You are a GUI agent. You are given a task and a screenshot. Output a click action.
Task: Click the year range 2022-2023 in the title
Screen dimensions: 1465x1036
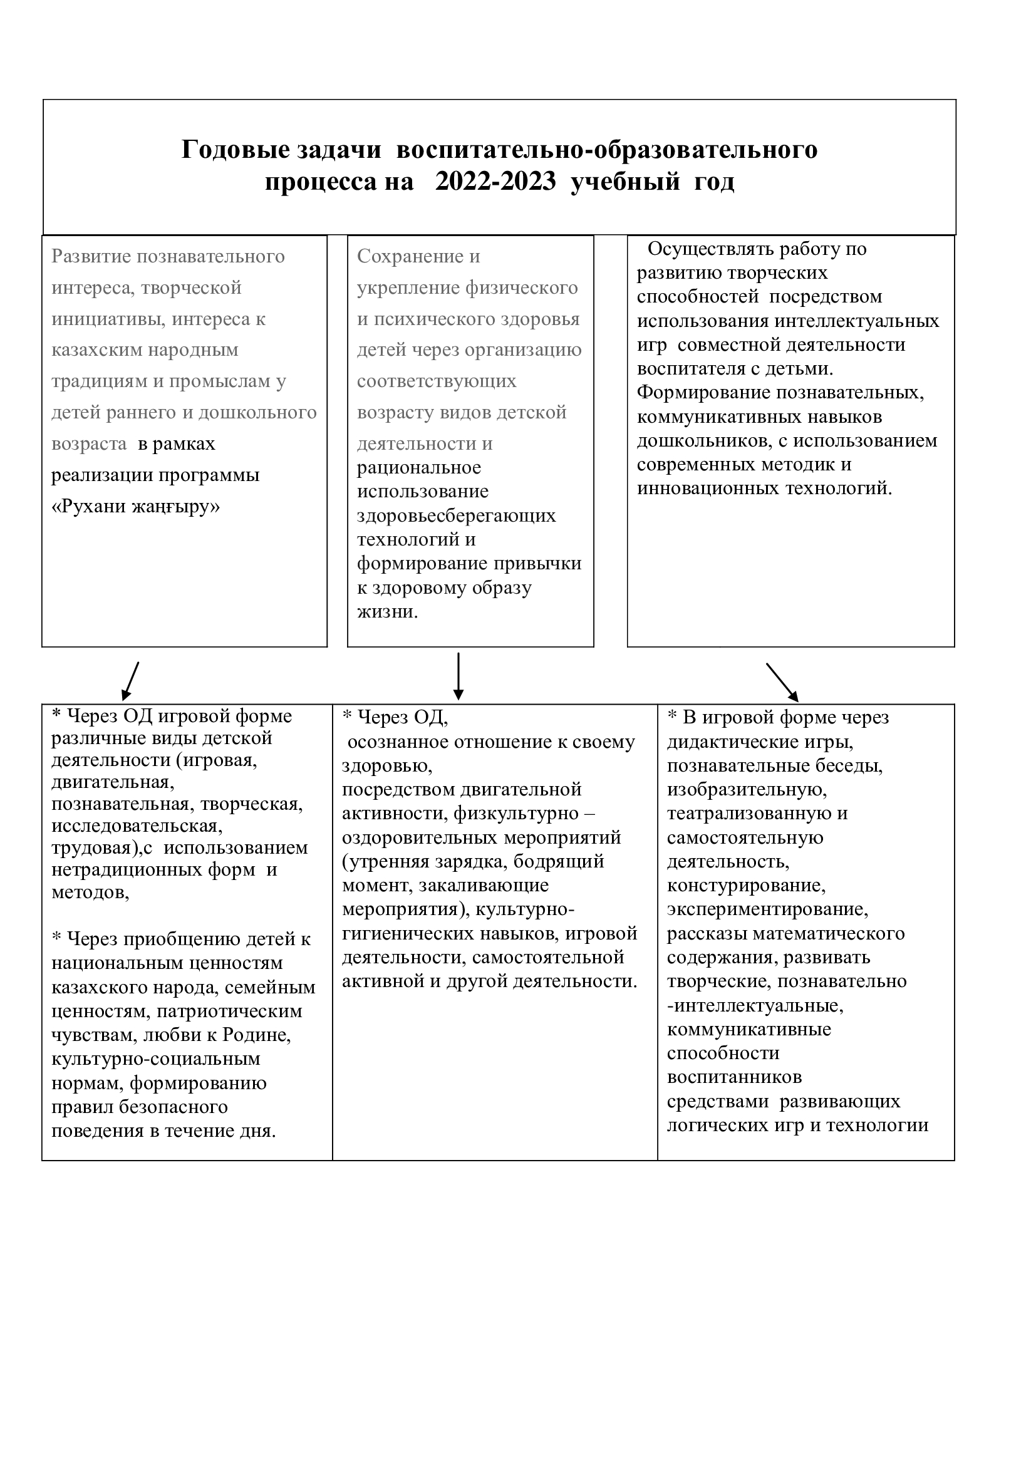click(495, 182)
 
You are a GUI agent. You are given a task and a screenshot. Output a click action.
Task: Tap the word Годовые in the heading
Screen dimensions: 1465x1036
click(236, 150)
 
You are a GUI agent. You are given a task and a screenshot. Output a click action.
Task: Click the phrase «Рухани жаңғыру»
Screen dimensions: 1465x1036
click(136, 507)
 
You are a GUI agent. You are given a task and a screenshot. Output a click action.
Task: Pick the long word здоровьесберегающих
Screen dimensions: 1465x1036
click(456, 515)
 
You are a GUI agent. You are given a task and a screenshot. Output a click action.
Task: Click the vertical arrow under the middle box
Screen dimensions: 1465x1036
click(458, 676)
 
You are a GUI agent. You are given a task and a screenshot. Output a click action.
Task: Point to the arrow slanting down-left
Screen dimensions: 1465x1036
click(131, 681)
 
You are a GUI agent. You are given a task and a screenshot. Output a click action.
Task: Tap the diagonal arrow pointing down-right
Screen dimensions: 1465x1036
click(782, 682)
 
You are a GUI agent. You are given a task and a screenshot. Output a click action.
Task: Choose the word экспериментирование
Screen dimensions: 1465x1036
click(767, 909)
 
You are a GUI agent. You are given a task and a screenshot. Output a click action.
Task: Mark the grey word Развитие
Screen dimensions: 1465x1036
click(91, 257)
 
